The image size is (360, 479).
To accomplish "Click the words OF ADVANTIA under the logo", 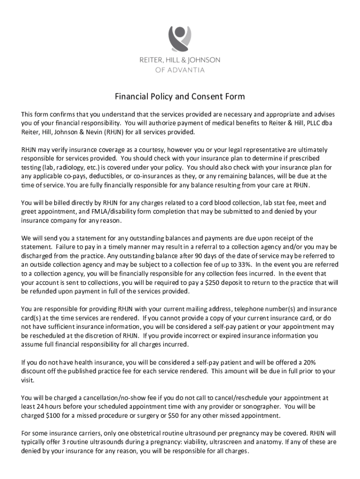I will (x=180, y=70).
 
